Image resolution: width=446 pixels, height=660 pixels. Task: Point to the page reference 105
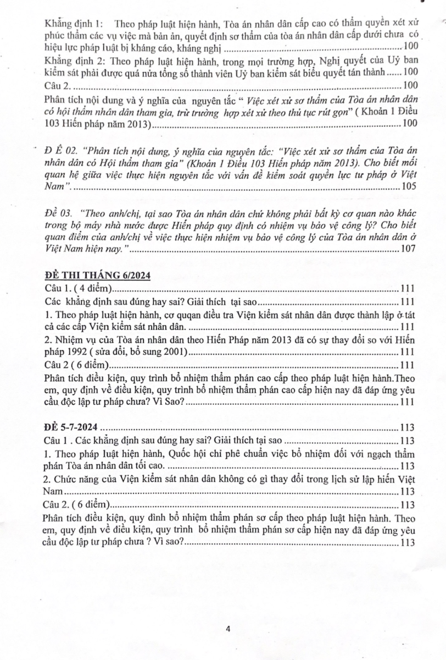[x=409, y=186]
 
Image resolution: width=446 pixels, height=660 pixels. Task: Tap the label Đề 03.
[x=57, y=213]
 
